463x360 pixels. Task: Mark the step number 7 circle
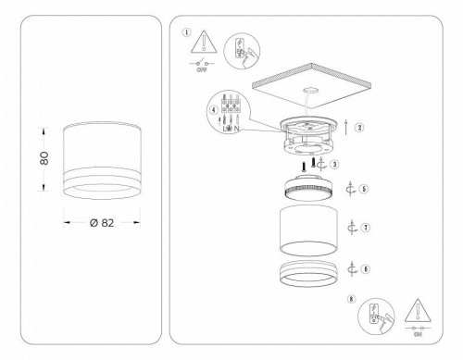pos(366,227)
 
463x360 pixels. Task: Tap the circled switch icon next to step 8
pos(377,317)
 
